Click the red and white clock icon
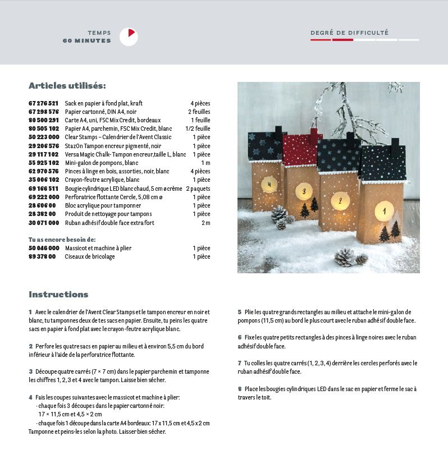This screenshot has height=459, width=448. tap(129, 37)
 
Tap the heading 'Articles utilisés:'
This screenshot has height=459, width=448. tap(67, 86)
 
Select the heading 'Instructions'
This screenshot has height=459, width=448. tap(58, 295)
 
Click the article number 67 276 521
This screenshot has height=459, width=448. tap(43, 103)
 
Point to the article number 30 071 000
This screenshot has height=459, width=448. tap(43, 223)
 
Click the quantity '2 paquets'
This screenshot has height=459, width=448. tap(198, 189)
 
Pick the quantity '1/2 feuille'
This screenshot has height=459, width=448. tap(198, 128)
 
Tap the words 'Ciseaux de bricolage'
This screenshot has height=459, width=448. tap(90, 256)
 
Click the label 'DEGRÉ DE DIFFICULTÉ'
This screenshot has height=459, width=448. tap(349, 33)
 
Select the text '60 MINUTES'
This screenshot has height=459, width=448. tap(86, 40)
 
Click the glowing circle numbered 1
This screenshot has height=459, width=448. tap(384, 211)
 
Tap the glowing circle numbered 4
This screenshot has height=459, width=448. tap(269, 184)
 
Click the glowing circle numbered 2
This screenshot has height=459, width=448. tap(340, 200)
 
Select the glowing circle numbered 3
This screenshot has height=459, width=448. tap(304, 191)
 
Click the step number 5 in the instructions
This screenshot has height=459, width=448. tap(239, 312)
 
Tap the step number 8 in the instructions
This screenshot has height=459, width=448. tap(239, 389)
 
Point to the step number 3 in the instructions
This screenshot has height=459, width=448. tap(30, 371)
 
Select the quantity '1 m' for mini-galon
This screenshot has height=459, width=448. tap(205, 163)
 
